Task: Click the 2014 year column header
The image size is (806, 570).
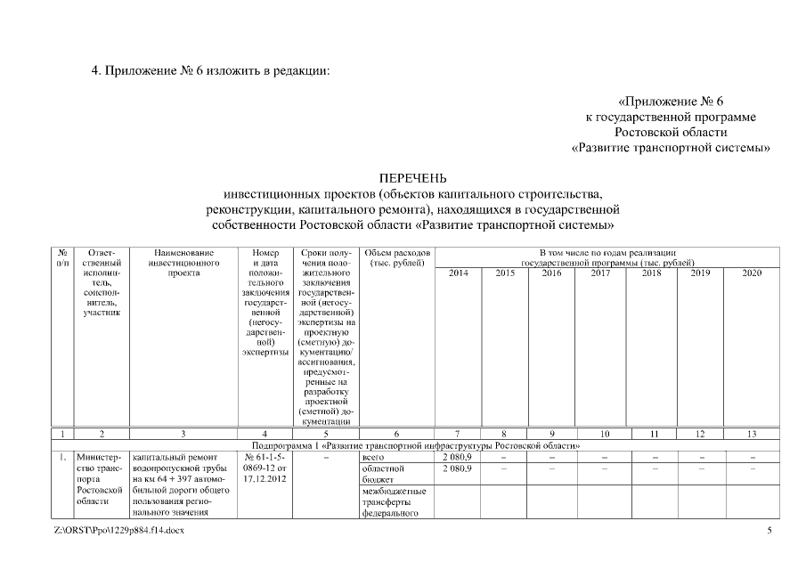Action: tap(458, 273)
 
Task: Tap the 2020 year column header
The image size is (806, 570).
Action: tap(752, 273)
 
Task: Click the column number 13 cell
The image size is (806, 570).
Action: tap(752, 433)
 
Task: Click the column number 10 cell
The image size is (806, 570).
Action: tap(604, 433)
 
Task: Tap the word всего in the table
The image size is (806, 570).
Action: tap(373, 456)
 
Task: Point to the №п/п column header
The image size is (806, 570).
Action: tap(62, 258)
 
